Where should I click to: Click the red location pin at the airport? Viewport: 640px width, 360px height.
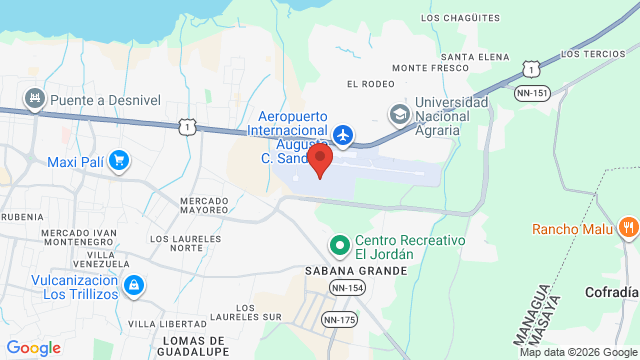click(320, 161)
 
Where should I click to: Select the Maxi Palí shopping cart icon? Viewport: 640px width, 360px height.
click(119, 160)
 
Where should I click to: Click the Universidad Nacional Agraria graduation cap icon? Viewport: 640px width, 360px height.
click(400, 114)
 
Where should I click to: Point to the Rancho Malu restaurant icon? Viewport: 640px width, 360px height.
click(628, 228)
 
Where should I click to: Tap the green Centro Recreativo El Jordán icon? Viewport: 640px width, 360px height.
click(340, 244)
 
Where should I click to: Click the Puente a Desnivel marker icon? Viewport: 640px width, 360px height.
click(36, 98)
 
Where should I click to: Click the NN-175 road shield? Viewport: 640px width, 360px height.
click(340, 320)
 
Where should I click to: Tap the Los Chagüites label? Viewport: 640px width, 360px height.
click(460, 18)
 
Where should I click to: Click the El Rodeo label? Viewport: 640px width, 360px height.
click(366, 83)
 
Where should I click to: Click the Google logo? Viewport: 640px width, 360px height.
click(33, 348)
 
